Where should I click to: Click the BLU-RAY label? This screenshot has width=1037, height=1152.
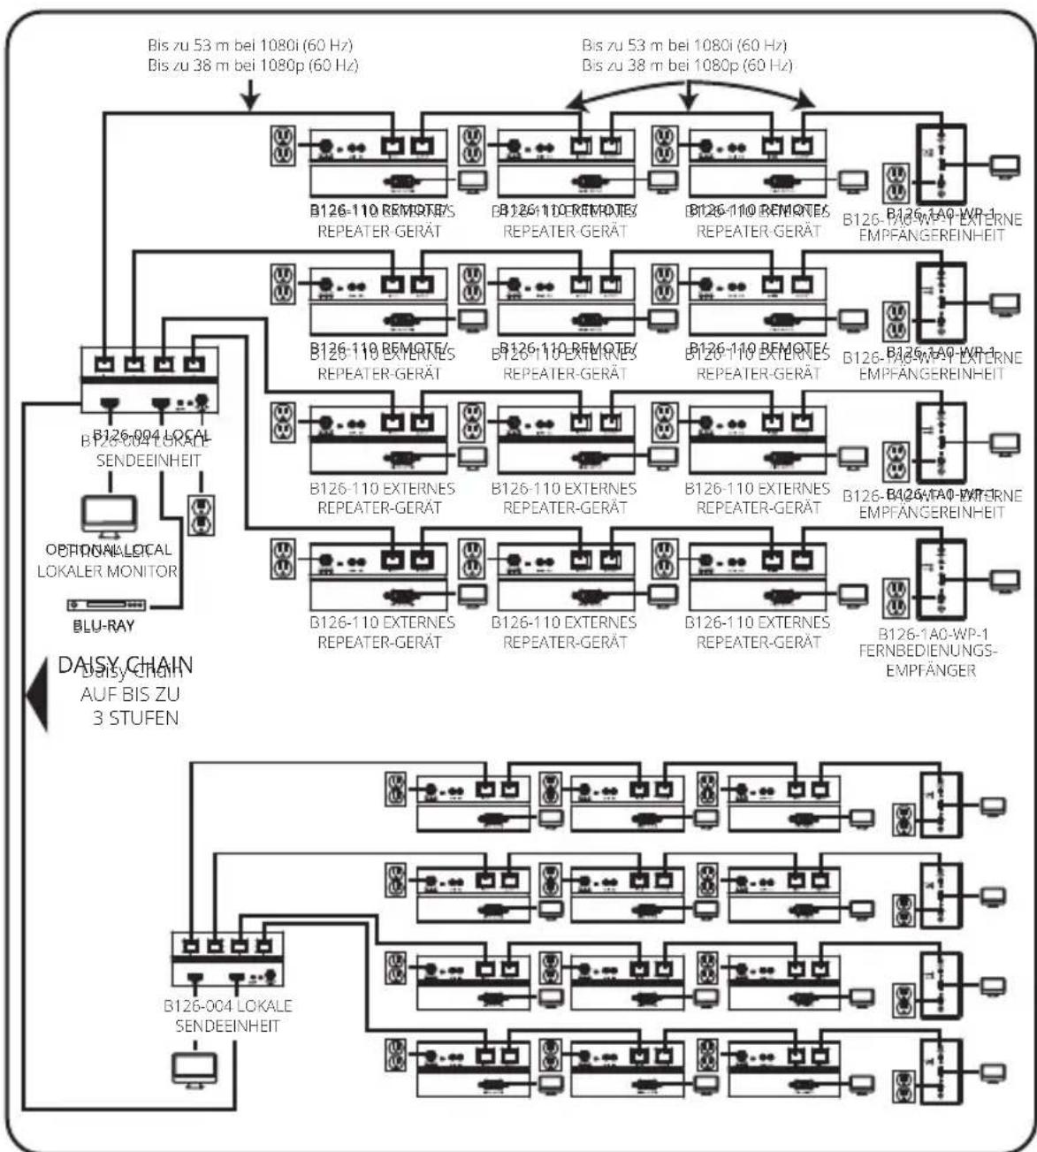103,626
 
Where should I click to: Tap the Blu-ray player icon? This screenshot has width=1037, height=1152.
107,605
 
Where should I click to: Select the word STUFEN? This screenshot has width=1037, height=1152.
135,717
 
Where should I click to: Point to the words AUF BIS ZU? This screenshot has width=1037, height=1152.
130,695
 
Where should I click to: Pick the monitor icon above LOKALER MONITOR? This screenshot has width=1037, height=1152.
109,516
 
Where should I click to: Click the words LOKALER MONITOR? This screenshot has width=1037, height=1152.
107,571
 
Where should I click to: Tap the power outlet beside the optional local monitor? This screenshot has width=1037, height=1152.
202,515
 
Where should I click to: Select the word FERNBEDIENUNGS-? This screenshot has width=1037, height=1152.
928,652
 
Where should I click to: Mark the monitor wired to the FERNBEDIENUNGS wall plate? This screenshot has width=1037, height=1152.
1003,580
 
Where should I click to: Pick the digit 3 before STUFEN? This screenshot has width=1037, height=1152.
98,717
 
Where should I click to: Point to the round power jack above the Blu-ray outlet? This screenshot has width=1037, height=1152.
202,400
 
